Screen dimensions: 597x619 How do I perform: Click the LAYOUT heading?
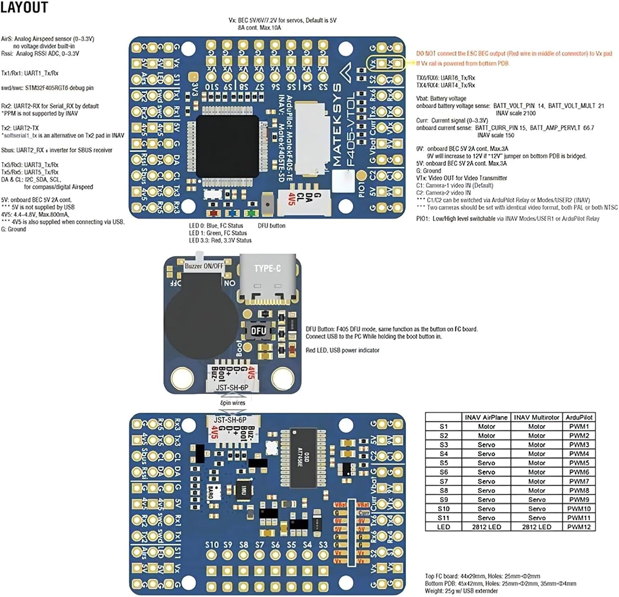click(x=24, y=7)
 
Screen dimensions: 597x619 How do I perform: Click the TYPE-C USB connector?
click(x=267, y=278)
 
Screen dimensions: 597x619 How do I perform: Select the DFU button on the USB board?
click(x=259, y=330)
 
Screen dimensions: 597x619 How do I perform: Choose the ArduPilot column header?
click(x=579, y=417)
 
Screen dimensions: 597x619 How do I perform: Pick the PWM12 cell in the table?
click(x=579, y=527)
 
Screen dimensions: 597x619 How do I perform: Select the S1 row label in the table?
click(x=443, y=426)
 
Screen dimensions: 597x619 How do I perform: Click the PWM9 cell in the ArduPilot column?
click(x=579, y=499)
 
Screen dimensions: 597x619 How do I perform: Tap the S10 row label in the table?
click(x=443, y=509)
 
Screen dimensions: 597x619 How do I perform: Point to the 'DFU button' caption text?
click(x=272, y=226)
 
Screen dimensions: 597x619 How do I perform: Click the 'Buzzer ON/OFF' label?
click(x=204, y=266)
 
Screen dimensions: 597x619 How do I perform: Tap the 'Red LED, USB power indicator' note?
click(x=342, y=350)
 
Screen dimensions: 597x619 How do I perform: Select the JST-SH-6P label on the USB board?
click(x=232, y=387)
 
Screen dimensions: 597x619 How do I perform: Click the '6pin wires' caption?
click(x=232, y=403)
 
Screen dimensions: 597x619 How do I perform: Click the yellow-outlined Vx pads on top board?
click(x=385, y=64)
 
